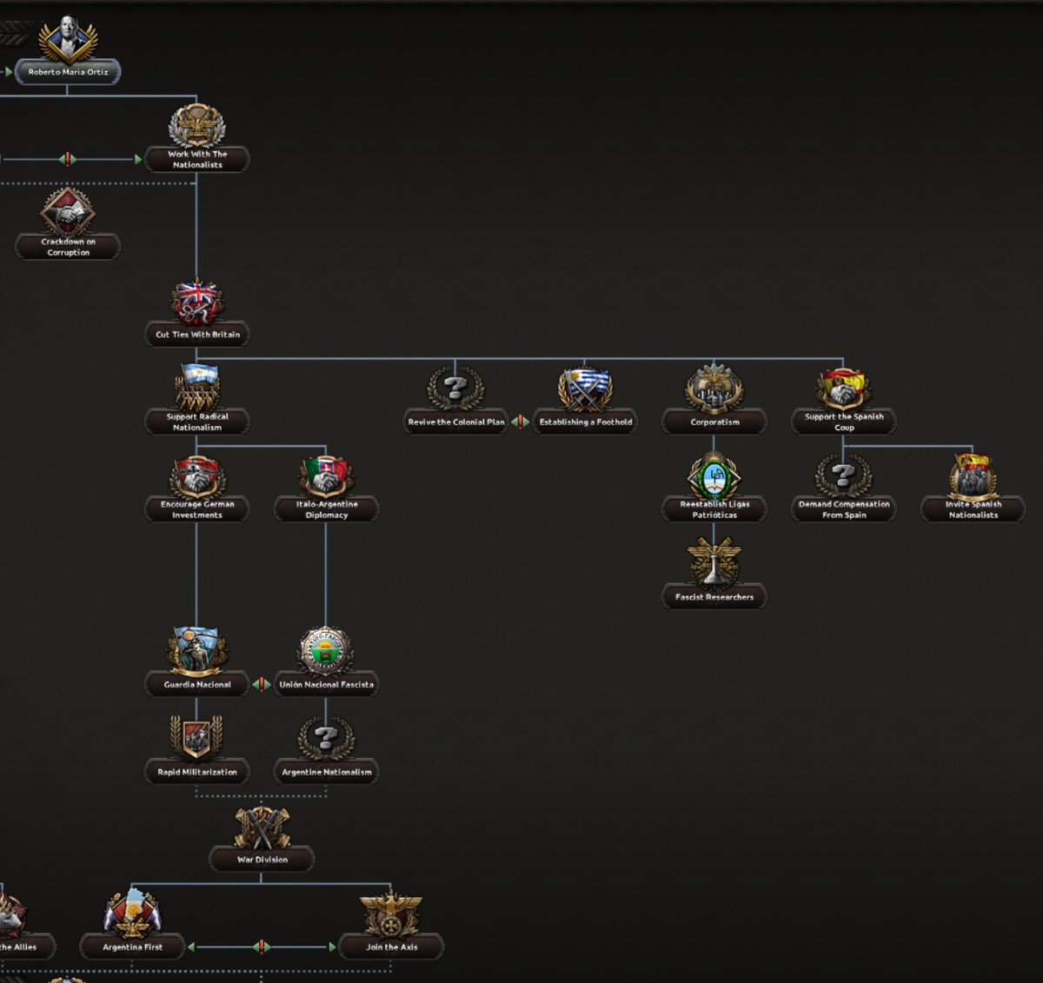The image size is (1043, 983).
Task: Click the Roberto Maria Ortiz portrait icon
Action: [x=68, y=38]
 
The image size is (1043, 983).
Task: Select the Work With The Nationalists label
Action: [x=197, y=159]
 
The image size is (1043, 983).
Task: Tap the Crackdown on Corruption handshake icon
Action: [x=68, y=211]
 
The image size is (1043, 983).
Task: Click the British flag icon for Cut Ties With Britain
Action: [x=197, y=301]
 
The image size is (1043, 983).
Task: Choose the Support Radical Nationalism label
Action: [x=197, y=422]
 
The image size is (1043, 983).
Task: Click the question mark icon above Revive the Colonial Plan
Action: [x=455, y=389]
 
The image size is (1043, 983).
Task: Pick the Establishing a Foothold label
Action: [x=586, y=422]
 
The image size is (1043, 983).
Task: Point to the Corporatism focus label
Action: [x=714, y=422]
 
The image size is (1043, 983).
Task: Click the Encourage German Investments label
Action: [x=197, y=509]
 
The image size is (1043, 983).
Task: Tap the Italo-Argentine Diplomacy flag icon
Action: [x=326, y=475]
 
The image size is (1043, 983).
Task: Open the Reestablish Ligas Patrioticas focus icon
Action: [x=714, y=475]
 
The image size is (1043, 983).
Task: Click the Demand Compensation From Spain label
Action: [x=844, y=509]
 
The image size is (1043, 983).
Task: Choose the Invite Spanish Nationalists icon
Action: [x=973, y=475]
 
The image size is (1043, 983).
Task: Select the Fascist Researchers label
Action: [x=714, y=597]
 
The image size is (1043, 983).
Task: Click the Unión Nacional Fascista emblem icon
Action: [x=326, y=650]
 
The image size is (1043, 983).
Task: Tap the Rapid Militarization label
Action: [x=197, y=772]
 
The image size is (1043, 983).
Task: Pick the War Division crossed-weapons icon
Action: [x=262, y=827]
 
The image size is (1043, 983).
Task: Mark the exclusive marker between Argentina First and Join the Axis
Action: [x=262, y=946]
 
